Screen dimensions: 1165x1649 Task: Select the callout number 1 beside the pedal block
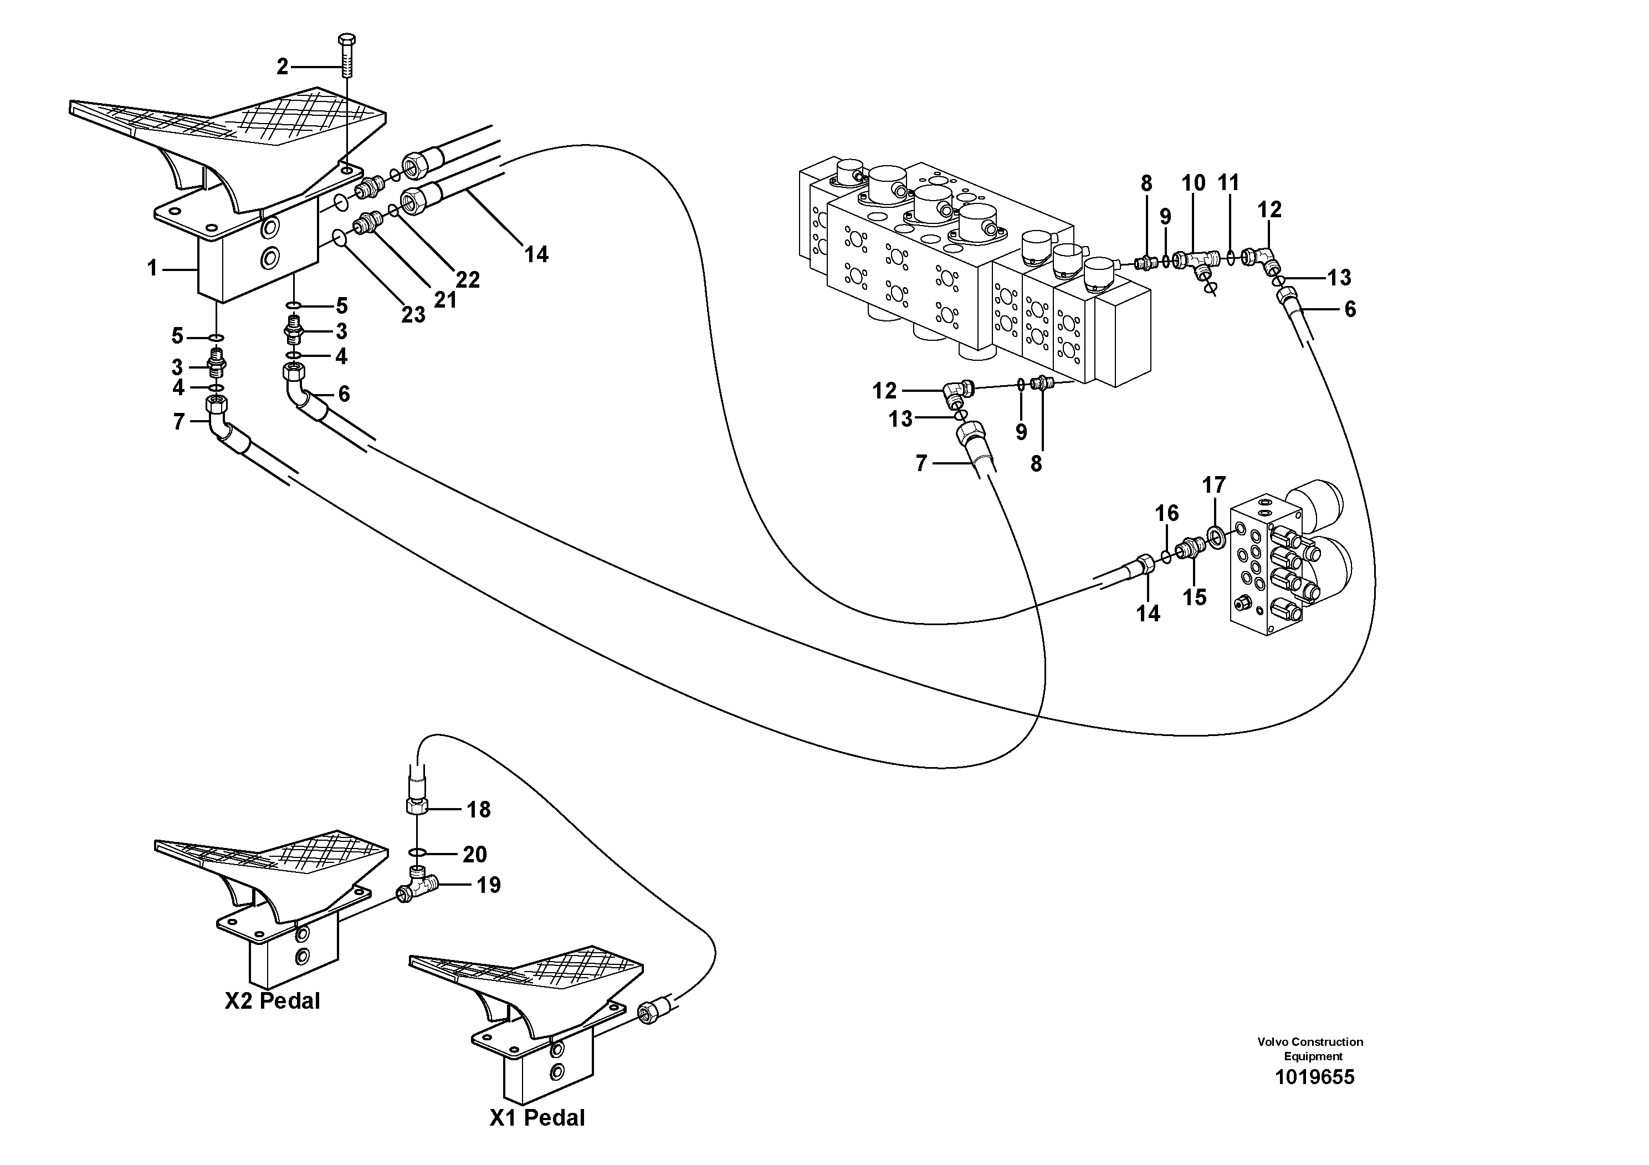click(152, 269)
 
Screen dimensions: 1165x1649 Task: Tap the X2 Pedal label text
click(272, 1000)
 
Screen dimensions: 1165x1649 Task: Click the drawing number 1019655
click(1314, 1077)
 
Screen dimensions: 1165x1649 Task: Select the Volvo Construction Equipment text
click(1310, 1049)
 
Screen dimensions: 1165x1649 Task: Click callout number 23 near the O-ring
click(413, 315)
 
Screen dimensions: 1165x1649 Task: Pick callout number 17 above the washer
click(1214, 486)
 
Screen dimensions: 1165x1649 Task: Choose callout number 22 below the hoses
click(468, 279)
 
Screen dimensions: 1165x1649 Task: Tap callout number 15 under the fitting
click(1195, 597)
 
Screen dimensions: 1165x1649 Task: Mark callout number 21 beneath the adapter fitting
click(445, 299)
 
